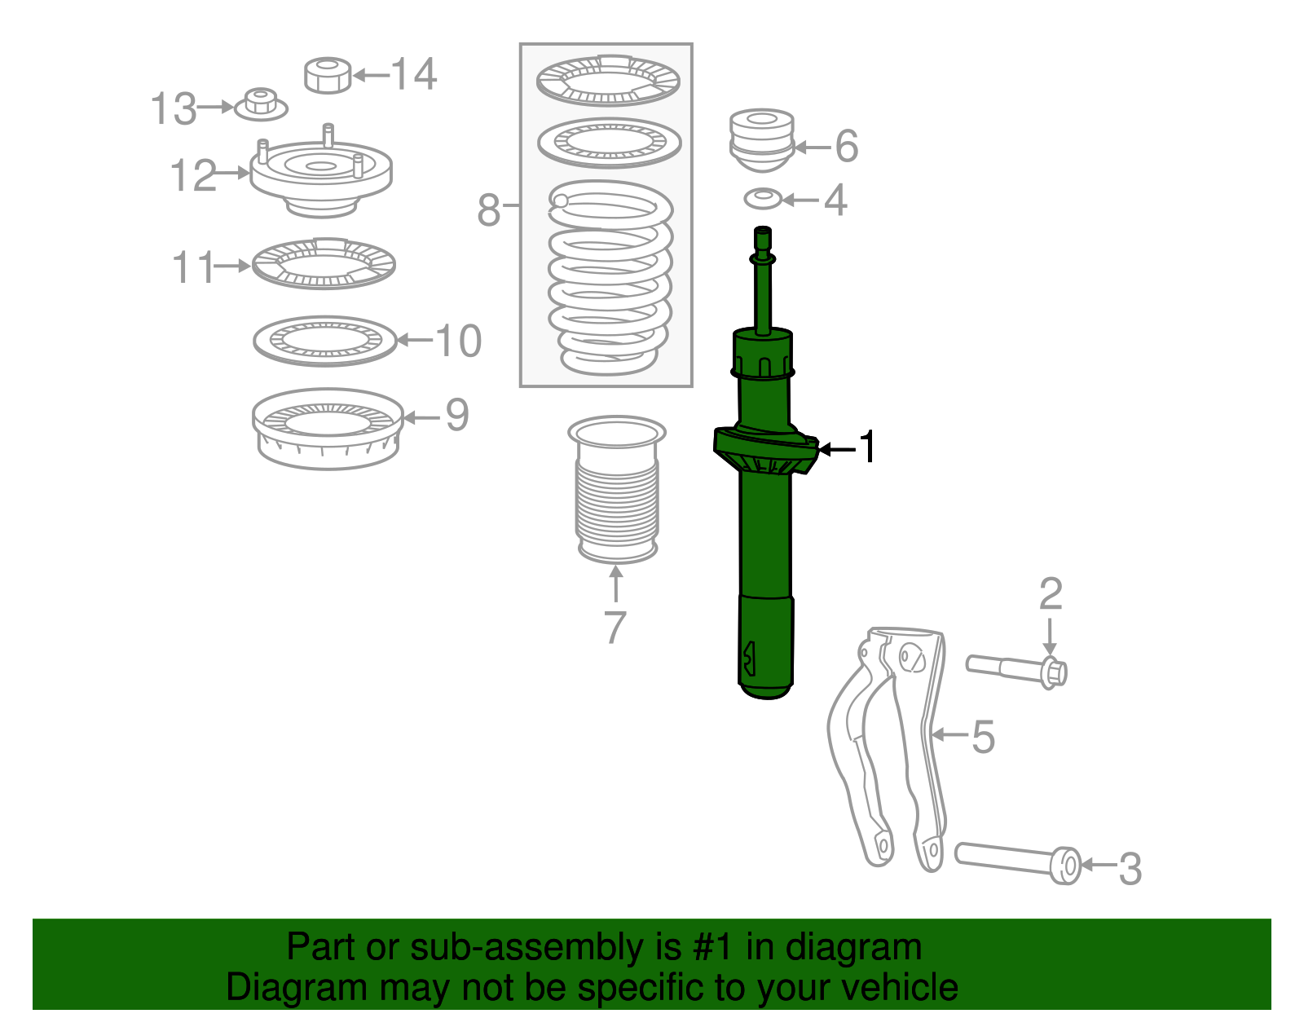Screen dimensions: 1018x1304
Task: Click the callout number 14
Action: [415, 74]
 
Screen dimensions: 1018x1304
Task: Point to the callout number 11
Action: [193, 267]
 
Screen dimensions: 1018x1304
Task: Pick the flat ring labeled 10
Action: [324, 340]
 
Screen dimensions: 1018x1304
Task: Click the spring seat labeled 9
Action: [328, 430]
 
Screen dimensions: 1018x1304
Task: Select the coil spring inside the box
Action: [610, 277]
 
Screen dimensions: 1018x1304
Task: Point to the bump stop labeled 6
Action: [760, 139]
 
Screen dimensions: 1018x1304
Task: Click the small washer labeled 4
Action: [762, 198]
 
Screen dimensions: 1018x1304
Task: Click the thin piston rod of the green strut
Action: [763, 293]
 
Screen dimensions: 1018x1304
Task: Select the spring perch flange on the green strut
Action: [764, 450]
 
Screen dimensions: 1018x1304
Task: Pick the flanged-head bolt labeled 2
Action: [1016, 668]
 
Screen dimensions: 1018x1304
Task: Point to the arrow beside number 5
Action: [949, 735]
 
